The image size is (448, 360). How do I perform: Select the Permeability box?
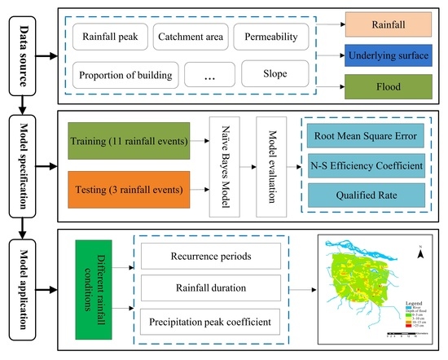271,36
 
